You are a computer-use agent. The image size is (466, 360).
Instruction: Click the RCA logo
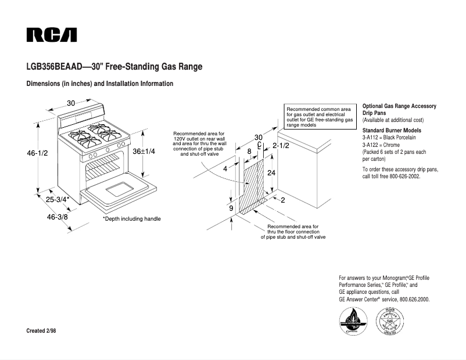pyautogui.click(x=51, y=35)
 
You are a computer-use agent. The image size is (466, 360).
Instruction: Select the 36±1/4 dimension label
pyautogui.click(x=144, y=151)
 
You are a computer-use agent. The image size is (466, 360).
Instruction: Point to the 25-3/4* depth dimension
pyautogui.click(x=58, y=200)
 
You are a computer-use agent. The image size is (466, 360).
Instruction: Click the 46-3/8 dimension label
pyautogui.click(x=57, y=217)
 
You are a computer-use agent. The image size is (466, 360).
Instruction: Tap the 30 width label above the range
pyautogui.click(x=71, y=103)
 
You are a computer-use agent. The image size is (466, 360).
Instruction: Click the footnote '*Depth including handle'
pyautogui.click(x=131, y=219)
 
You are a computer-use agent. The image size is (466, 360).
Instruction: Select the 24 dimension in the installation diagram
pyautogui.click(x=271, y=173)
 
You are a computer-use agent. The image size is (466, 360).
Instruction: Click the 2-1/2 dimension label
pyautogui.click(x=281, y=146)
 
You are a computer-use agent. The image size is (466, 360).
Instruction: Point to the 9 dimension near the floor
pyautogui.click(x=231, y=208)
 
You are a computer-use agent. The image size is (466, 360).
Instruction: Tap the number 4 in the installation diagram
pyautogui.click(x=225, y=169)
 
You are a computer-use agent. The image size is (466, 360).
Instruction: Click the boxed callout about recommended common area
pyautogui.click(x=320, y=117)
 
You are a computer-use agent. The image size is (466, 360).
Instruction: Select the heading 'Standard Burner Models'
pyautogui.click(x=392, y=130)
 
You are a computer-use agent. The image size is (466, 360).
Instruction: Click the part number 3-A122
pyautogui.click(x=372, y=145)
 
